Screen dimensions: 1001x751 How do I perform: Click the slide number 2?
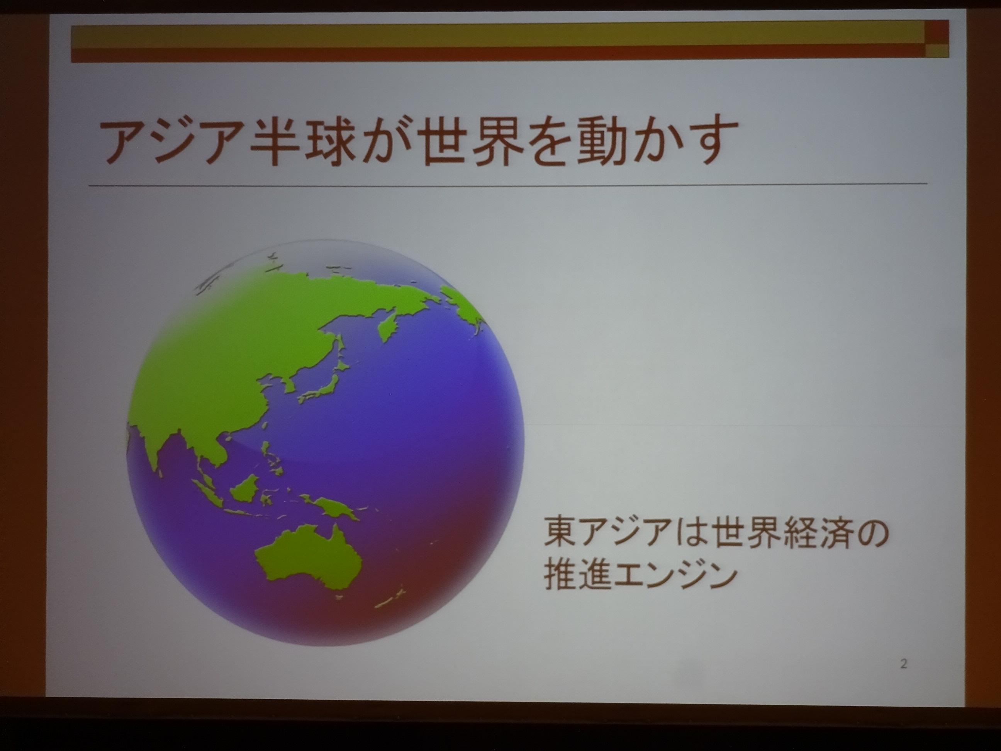pyautogui.click(x=904, y=664)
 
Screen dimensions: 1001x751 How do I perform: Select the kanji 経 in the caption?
pyautogui.click(x=790, y=535)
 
